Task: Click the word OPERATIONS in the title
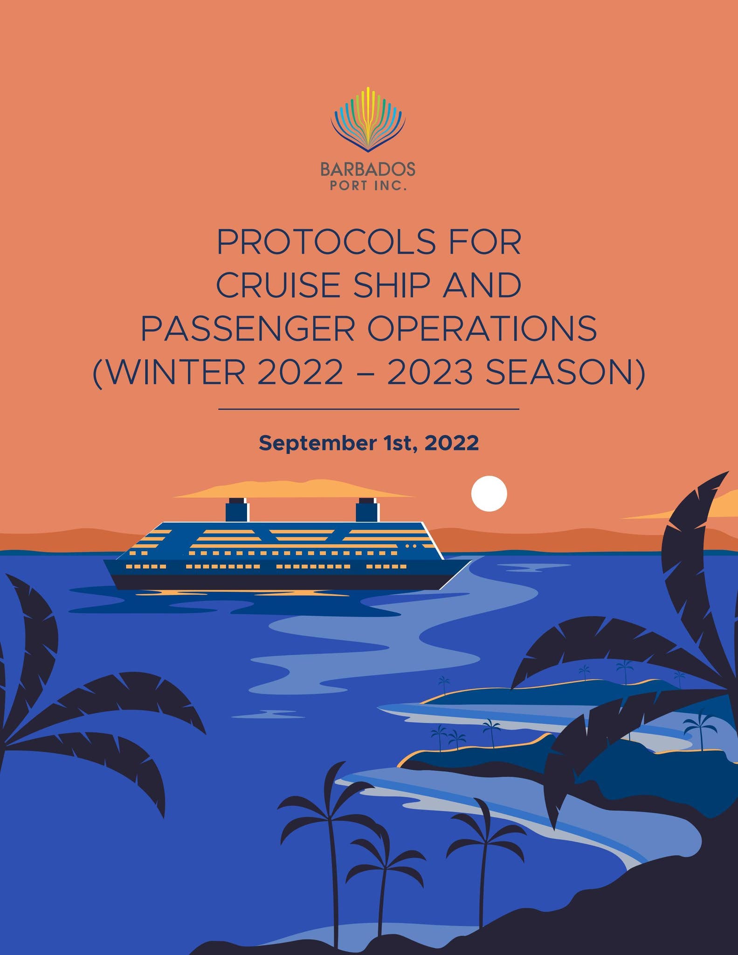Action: click(x=482, y=328)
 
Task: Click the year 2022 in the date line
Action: click(x=451, y=443)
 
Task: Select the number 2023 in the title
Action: click(x=429, y=373)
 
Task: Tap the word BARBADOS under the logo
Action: click(x=368, y=169)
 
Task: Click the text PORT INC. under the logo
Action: click(x=368, y=186)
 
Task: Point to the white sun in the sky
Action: click(x=489, y=493)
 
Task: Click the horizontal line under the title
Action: click(x=368, y=409)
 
